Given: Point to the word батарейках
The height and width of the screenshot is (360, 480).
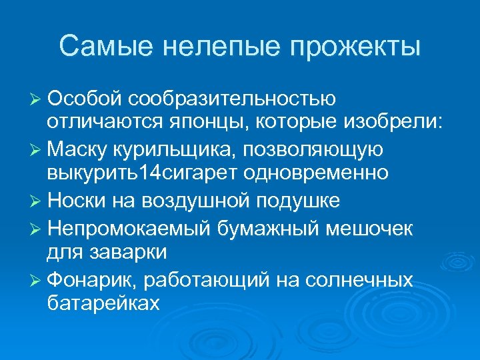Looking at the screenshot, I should (103, 303).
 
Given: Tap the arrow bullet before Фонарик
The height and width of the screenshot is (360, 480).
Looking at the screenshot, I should (37, 278).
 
